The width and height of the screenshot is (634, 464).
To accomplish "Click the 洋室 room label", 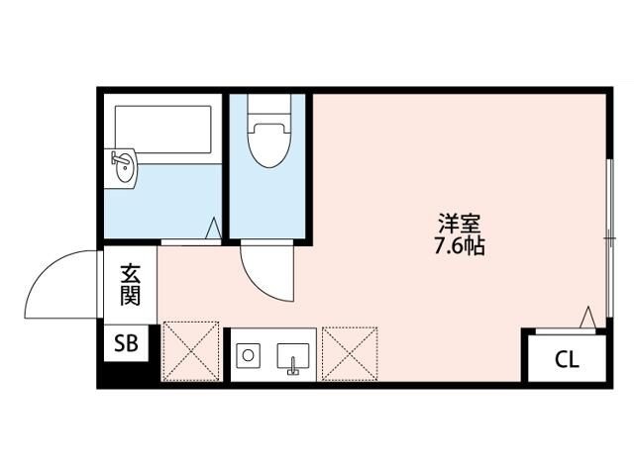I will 458,223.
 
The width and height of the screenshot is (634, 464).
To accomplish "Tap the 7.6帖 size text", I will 458,246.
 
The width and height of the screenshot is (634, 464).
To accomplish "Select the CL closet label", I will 566,359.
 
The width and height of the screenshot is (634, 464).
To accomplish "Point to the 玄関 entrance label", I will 131,282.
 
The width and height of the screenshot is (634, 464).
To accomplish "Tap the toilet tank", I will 268,106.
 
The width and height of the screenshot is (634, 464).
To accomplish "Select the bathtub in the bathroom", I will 163,128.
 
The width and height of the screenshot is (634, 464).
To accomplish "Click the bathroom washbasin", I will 126,169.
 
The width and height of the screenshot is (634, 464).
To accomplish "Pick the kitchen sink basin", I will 292,354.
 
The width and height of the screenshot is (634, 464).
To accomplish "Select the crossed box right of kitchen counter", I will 349,349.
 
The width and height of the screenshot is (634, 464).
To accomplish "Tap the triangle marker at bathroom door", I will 212,230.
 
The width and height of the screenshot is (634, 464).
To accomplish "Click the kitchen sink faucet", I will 292,370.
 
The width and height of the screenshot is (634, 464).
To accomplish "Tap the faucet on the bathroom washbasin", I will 116,160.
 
